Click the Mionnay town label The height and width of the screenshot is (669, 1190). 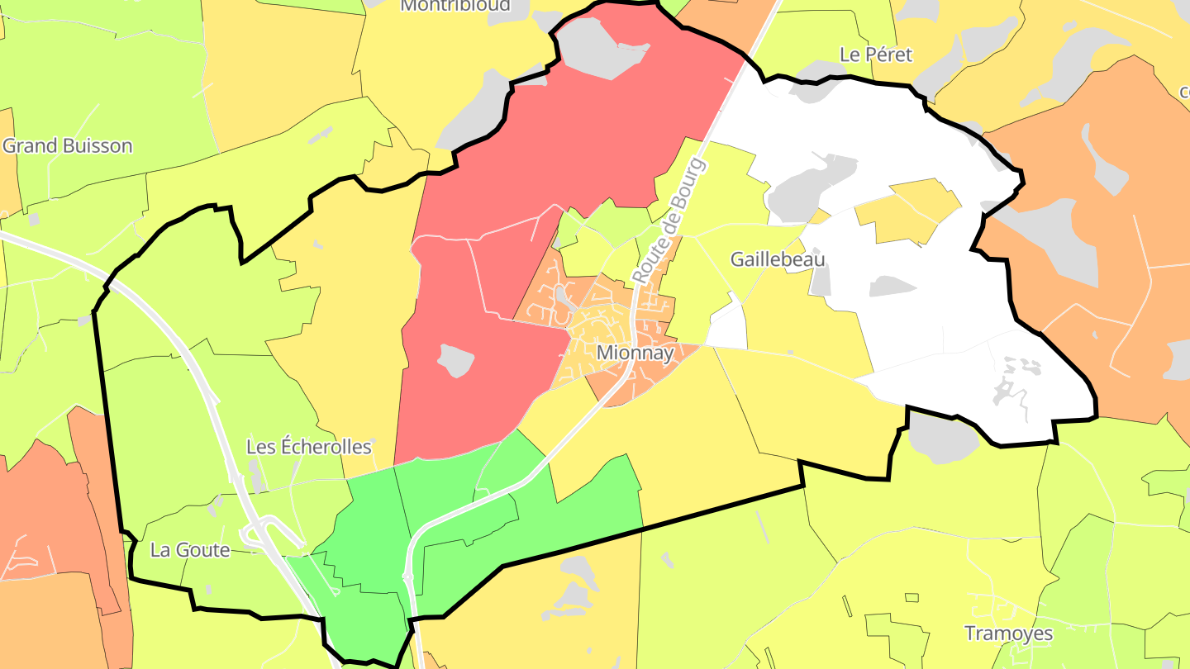click(x=635, y=353)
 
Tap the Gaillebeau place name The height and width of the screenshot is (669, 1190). click(x=777, y=259)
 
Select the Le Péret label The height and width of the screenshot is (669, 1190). click(x=875, y=55)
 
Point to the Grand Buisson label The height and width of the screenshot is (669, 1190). click(x=67, y=146)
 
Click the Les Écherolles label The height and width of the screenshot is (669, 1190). click(x=309, y=447)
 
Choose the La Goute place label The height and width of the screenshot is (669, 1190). click(x=189, y=550)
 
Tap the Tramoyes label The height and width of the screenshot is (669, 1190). click(x=1008, y=633)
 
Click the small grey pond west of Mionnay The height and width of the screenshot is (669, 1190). click(x=455, y=360)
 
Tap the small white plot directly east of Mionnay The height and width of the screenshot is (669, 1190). click(x=728, y=328)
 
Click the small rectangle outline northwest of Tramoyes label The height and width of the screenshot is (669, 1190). click(x=912, y=597)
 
